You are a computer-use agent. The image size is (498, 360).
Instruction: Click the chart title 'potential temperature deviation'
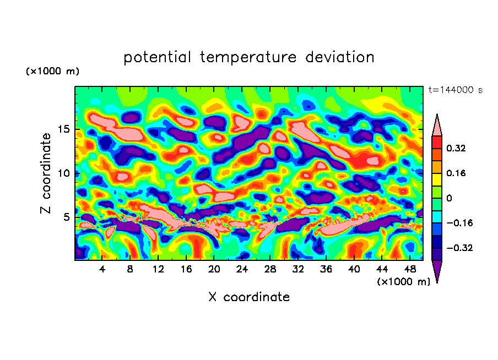coord(249,57)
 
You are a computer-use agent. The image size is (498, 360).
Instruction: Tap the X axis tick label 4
coord(102,270)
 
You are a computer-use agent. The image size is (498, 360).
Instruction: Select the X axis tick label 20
coord(214,270)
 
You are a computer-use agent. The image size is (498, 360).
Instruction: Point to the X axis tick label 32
coord(298,270)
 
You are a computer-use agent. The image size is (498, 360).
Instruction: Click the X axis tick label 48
coord(409,270)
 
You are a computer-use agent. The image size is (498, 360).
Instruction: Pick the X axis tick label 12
coord(158,270)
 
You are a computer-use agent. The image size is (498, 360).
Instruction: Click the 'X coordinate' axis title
coord(249,297)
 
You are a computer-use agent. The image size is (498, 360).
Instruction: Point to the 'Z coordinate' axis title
coord(46,173)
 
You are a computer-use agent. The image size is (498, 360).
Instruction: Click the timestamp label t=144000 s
coord(455,90)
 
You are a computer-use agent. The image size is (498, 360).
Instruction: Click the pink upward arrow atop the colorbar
coord(437,126)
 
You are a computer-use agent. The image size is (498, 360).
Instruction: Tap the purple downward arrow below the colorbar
coord(437,271)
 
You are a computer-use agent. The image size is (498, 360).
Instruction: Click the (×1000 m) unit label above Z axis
coord(53,72)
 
